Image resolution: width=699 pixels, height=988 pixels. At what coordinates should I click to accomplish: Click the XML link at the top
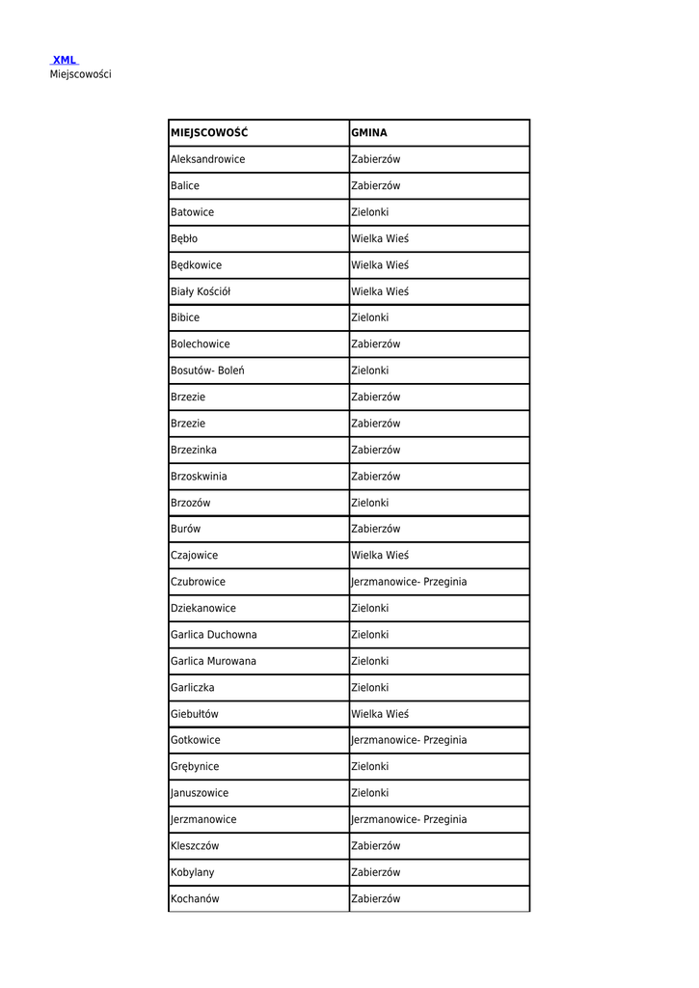point(65,60)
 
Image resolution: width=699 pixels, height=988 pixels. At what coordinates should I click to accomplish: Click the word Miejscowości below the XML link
point(80,74)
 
